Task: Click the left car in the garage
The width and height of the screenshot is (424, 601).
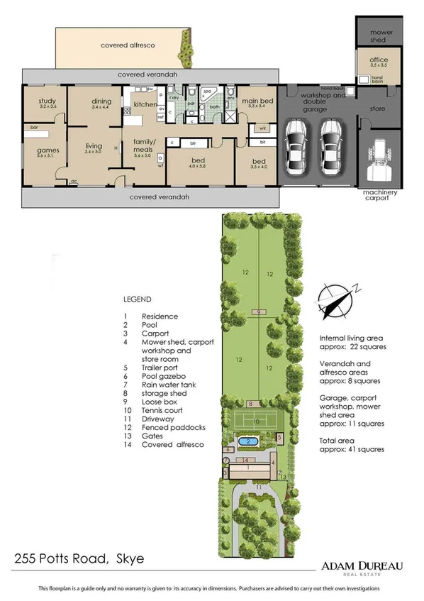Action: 295,148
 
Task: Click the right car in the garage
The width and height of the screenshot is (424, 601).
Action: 331,148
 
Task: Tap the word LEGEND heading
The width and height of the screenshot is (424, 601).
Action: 137,299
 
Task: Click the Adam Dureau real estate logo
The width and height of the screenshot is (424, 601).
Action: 362,566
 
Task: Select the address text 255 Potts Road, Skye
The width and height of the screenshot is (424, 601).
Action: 79,559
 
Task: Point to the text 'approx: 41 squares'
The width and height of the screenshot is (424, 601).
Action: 352,449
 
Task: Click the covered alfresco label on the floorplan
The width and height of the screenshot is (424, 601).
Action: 128,45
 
